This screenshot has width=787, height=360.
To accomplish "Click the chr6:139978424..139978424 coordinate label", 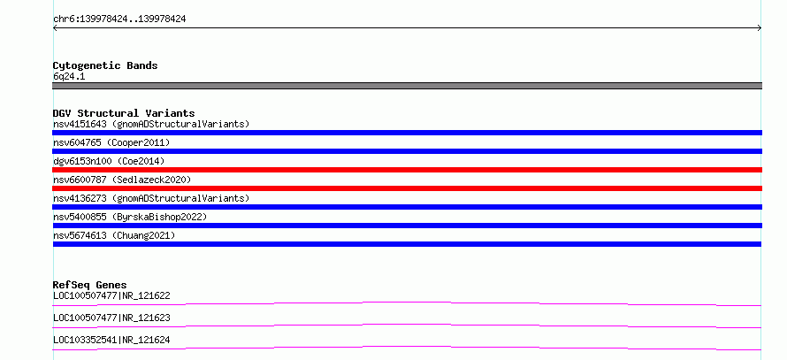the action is pos(119,19).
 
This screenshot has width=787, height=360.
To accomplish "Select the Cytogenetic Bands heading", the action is pos(105,65).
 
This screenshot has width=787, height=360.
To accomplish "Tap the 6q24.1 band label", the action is pos(69,77).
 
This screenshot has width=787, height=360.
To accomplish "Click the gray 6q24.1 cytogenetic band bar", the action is pos(407,86).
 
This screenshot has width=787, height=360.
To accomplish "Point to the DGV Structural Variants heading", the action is pos(124,113).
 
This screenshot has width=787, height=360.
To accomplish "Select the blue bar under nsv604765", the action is pos(407,151).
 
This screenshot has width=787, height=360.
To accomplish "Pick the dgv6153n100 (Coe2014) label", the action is pos(109,161).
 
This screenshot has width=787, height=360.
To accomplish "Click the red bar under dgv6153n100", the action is pos(407,170).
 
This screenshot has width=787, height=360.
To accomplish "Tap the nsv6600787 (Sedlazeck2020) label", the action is pos(122,180).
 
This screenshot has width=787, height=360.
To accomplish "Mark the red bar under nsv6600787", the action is pos(407,188).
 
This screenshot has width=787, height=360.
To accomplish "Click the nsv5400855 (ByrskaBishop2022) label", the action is pos(130,217).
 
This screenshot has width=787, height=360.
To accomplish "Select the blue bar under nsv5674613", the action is pos(407,244).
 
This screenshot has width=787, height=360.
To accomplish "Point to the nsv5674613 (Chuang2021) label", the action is pos(114,235).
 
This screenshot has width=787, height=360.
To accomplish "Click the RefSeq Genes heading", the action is pos(90,285).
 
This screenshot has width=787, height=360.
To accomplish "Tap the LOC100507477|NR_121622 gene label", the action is pos(111,295).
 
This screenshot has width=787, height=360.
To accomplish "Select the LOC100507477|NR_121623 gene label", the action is pos(111,318).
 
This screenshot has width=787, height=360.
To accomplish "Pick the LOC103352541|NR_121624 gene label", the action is pos(111,340).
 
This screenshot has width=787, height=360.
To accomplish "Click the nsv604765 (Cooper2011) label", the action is pos(111,142).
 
